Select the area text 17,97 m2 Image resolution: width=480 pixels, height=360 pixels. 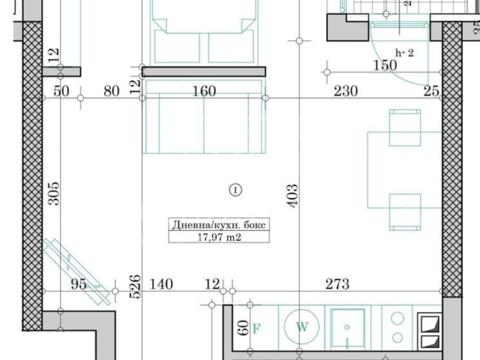tap(219, 238)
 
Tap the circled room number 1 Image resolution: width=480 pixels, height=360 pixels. tap(236, 190)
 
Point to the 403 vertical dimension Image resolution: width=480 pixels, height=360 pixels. tap(293, 195)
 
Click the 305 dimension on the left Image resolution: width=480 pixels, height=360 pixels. tap(52, 194)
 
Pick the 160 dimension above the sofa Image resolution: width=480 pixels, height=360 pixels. tap(204, 90)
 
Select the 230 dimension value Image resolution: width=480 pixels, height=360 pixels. tap(345, 90)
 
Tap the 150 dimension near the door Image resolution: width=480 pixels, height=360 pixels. tap(385, 66)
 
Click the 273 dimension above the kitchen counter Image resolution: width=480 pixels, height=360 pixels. tap(337, 284)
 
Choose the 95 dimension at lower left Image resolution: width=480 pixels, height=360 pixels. tap(78, 284)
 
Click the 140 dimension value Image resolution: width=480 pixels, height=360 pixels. tap(162, 284)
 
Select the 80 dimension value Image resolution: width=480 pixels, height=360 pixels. tap(112, 90)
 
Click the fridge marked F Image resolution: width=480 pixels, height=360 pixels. tap(256, 329)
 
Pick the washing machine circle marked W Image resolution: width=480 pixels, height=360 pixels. tap(302, 327)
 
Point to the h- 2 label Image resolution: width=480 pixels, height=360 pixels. tap(404, 52)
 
